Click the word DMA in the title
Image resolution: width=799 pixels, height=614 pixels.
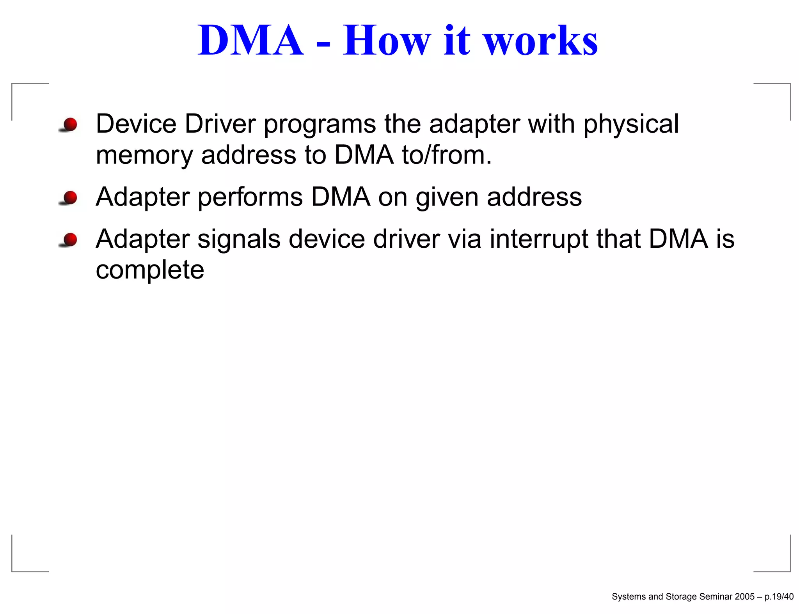(250, 40)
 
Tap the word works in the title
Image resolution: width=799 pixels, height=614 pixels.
(541, 40)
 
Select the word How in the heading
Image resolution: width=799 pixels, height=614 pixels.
(386, 40)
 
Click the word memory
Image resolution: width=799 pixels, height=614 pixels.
(144, 155)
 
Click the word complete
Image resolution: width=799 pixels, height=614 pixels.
(150, 270)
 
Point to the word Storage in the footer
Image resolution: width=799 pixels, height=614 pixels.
(681, 596)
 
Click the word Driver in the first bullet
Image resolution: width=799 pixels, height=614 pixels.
(220, 124)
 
